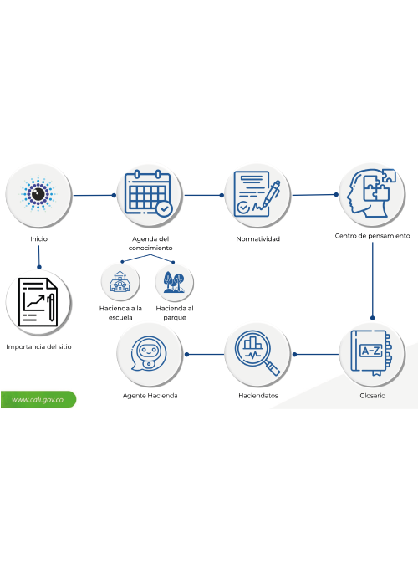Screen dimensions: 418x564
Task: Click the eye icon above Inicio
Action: pyautogui.click(x=38, y=194)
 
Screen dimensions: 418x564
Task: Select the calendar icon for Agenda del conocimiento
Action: pyautogui.click(x=149, y=192)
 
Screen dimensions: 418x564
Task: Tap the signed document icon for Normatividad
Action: pyautogui.click(x=257, y=194)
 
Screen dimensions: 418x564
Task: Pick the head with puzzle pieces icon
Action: pyautogui.click(x=371, y=193)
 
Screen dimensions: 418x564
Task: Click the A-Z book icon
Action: pyautogui.click(x=372, y=353)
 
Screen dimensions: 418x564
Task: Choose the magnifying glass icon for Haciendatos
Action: pyautogui.click(x=257, y=353)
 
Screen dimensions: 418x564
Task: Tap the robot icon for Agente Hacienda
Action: pyautogui.click(x=148, y=353)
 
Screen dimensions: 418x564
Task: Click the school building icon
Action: pyautogui.click(x=120, y=282)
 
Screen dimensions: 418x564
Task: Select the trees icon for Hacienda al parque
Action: pyautogui.click(x=175, y=282)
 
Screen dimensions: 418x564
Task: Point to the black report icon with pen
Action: pyautogui.click(x=38, y=302)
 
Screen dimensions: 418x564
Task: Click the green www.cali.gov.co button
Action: pyautogui.click(x=38, y=399)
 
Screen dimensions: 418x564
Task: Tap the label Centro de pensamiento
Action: pyautogui.click(x=372, y=236)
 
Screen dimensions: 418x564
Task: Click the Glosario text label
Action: pyautogui.click(x=372, y=396)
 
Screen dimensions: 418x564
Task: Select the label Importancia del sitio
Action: pyautogui.click(x=38, y=346)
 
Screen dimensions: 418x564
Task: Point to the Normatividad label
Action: pyautogui.click(x=257, y=238)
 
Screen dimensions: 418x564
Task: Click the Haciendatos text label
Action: pyautogui.click(x=258, y=396)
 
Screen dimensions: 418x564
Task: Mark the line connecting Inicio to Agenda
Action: pyautogui.click(x=94, y=195)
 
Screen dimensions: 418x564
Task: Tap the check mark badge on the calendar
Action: pyautogui.click(x=164, y=208)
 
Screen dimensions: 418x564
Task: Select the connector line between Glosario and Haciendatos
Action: pyautogui.click(x=315, y=354)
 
